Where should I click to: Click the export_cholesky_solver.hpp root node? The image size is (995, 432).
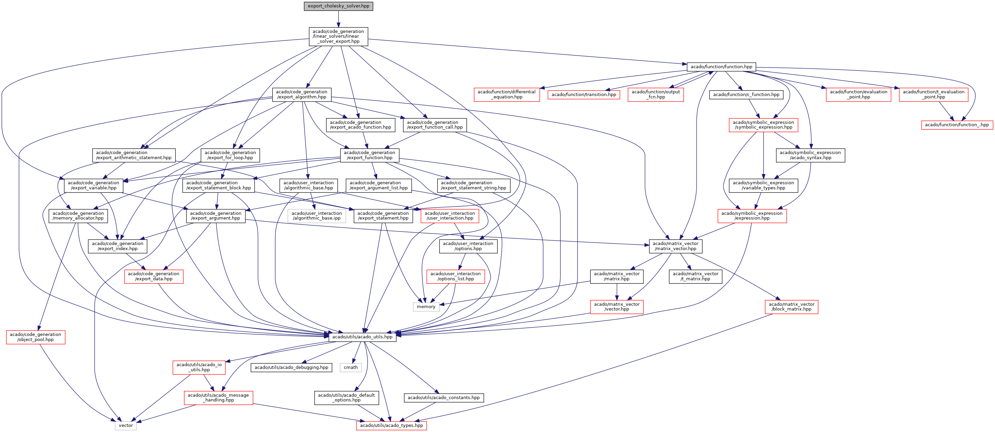[x=338, y=6]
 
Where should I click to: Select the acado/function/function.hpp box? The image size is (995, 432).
[x=721, y=67]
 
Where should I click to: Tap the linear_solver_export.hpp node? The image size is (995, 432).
[x=338, y=37]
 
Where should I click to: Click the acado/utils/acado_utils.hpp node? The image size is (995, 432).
[x=362, y=337]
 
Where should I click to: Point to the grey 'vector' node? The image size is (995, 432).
[x=126, y=426]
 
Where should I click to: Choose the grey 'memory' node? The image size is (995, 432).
[x=426, y=307]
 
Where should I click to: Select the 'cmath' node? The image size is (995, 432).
[x=351, y=368]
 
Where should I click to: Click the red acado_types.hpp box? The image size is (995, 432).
[x=391, y=426]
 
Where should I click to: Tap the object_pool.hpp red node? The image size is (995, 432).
[x=36, y=337]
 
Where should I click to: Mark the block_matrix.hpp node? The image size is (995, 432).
[x=791, y=307]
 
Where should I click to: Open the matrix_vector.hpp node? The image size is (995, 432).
[x=676, y=246]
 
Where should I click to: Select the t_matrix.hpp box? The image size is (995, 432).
[x=696, y=277]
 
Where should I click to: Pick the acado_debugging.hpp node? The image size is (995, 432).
[x=291, y=368]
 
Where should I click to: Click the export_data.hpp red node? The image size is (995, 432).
[x=154, y=277]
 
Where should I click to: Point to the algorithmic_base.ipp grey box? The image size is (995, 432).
[x=317, y=216]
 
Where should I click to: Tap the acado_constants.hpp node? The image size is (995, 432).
[x=444, y=398]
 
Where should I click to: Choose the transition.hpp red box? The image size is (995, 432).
[x=584, y=95]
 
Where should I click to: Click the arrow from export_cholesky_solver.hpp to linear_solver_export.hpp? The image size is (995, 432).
[x=338, y=19]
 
